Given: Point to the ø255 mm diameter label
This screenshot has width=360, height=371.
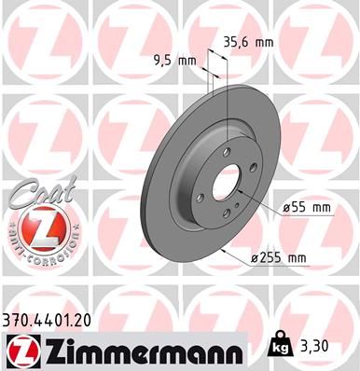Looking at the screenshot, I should click(x=304, y=256).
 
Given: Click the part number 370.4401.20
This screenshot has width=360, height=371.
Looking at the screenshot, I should click(x=53, y=319).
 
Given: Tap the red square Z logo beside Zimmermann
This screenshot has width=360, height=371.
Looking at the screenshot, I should click(x=19, y=349).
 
